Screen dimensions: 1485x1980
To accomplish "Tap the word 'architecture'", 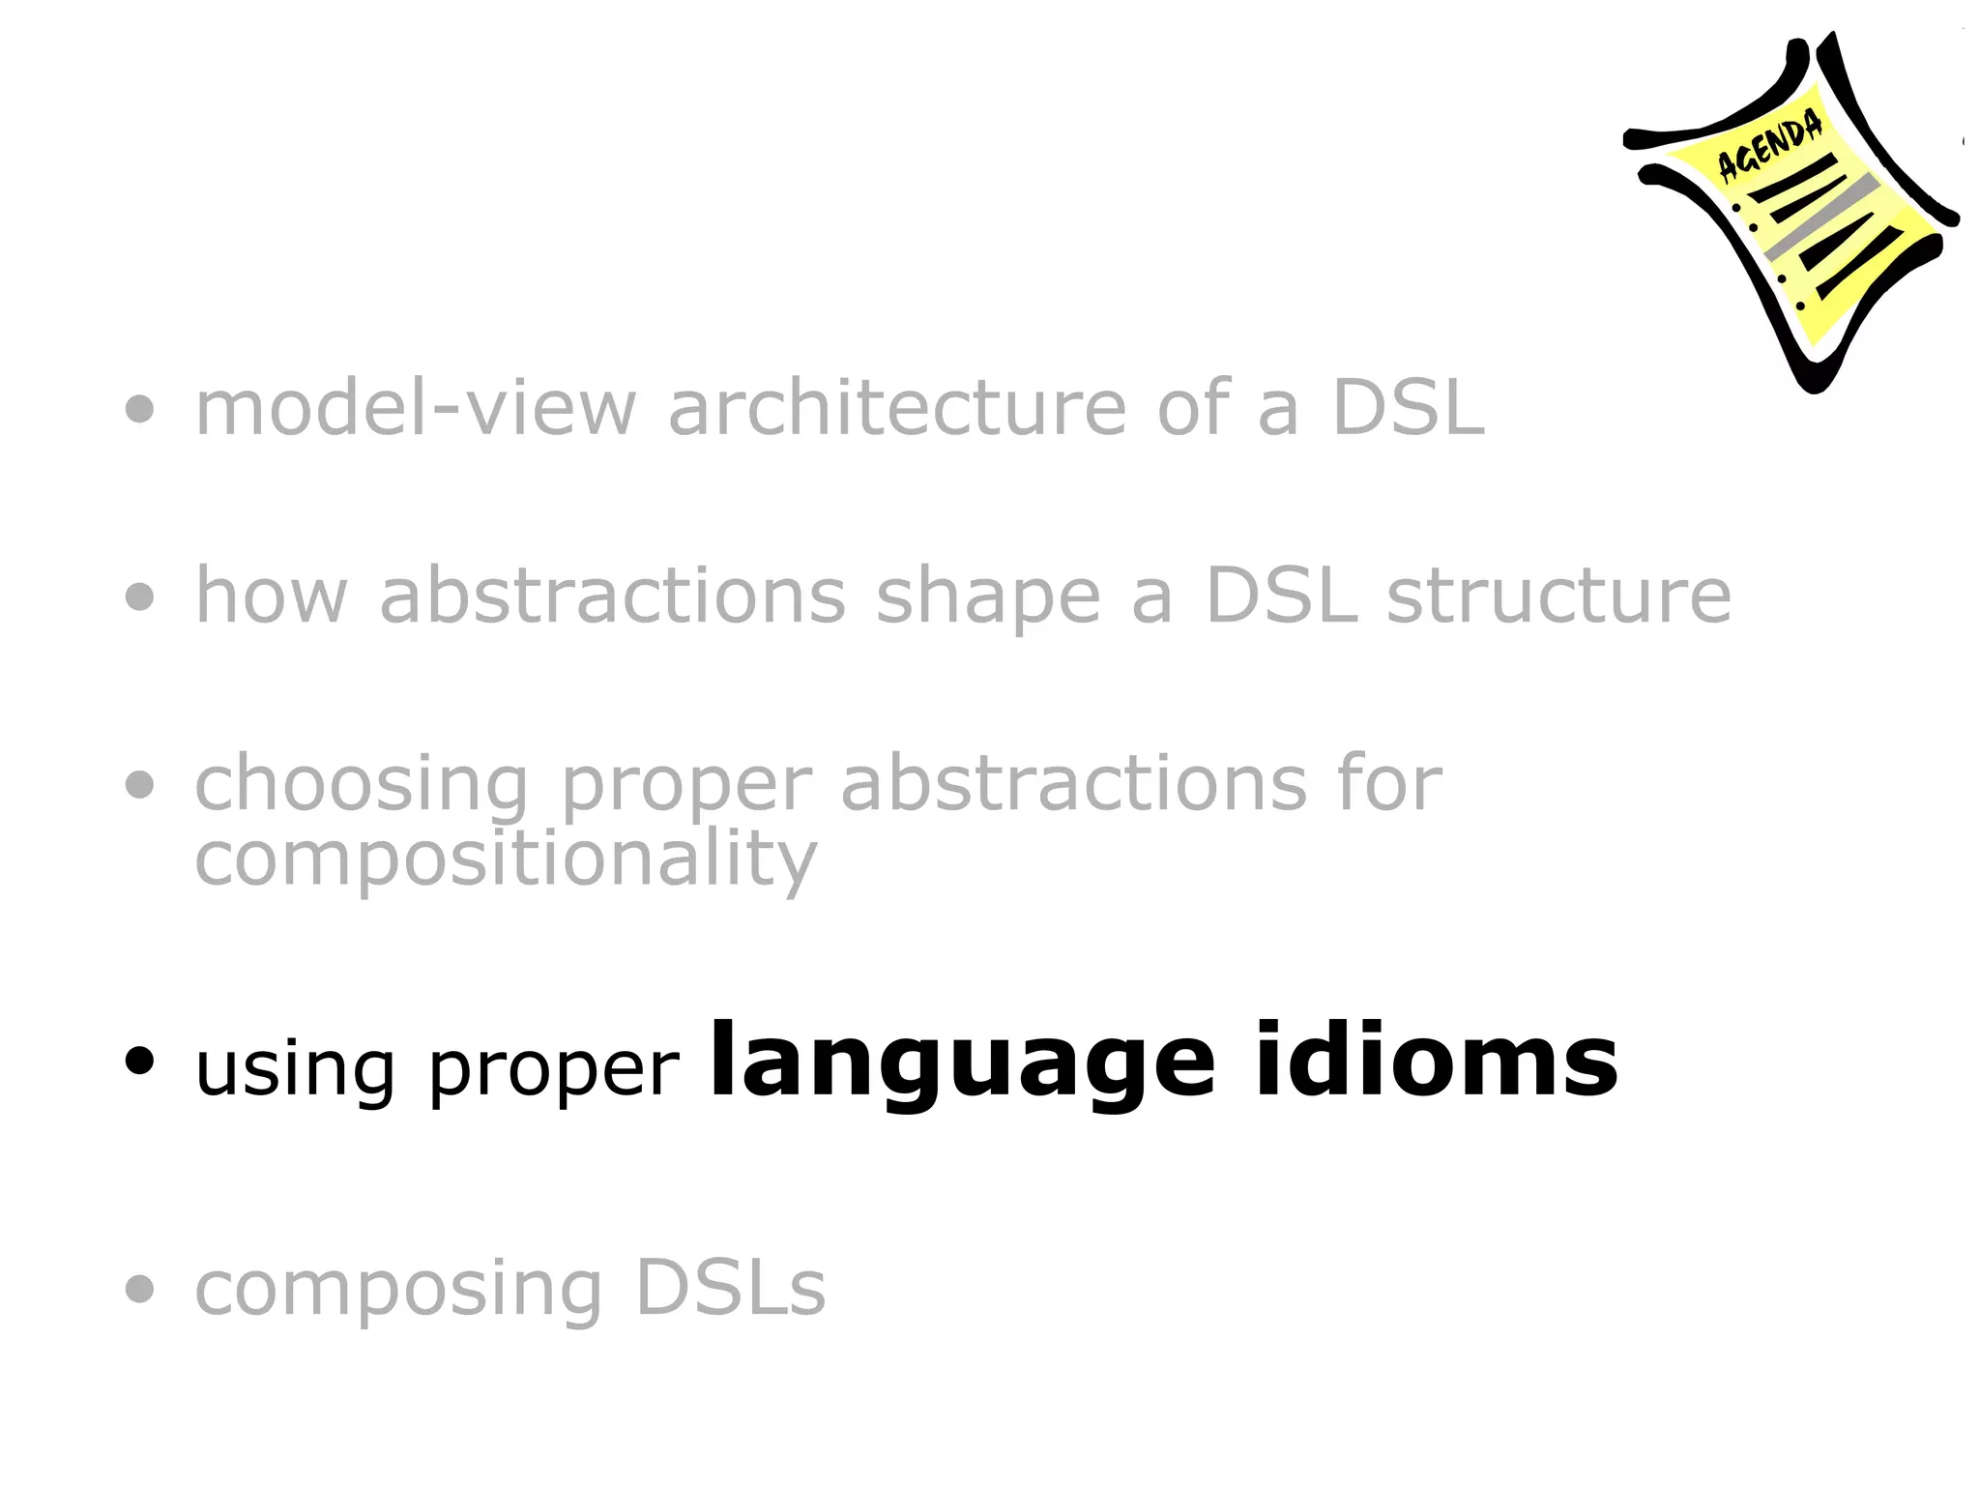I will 896,408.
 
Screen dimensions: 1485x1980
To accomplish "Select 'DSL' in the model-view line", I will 1408,408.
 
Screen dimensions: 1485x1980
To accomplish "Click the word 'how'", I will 271,596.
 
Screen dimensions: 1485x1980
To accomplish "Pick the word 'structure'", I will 1558,597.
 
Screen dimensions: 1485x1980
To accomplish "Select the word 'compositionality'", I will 506,859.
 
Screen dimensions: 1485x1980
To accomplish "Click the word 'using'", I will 295,1071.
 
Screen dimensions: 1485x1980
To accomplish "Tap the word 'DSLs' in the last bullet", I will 731,1288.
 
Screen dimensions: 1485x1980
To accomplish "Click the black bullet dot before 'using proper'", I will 140,1062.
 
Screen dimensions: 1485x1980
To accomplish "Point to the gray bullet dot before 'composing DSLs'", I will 140,1289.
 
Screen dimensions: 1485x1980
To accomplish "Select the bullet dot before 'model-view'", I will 140,409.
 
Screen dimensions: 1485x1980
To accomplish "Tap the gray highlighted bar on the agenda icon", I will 1821,218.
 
